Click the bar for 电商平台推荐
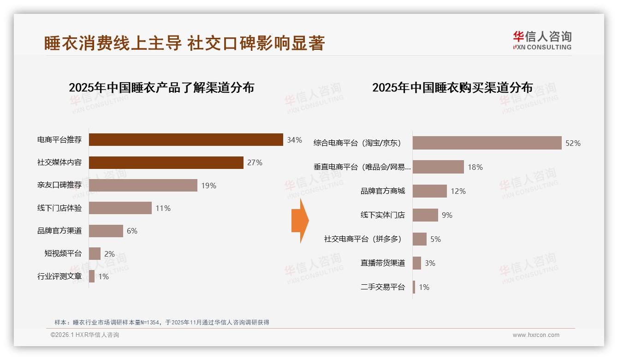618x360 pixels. [x=185, y=140]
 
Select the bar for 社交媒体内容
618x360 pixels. [x=166, y=162]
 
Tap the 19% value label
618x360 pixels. [x=208, y=186]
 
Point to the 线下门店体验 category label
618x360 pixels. [x=59, y=208]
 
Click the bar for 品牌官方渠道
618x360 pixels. [x=106, y=231]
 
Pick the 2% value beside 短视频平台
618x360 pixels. [x=109, y=254]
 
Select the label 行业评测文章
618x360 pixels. [x=59, y=276]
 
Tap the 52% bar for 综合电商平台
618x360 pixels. [x=487, y=143]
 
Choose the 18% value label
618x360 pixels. [x=475, y=167]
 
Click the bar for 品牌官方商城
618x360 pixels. [x=429, y=191]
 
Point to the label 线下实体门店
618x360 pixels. [x=382, y=215]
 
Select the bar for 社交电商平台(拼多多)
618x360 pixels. [x=419, y=239]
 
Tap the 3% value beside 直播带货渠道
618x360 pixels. [x=430, y=263]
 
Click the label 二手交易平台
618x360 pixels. [x=382, y=287]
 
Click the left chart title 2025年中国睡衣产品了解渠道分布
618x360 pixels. [x=161, y=88]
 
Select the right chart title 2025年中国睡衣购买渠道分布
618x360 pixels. [x=452, y=88]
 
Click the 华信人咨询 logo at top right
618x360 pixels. [x=542, y=40]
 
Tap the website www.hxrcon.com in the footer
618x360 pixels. [x=536, y=335]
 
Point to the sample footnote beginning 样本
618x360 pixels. [x=161, y=323]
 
